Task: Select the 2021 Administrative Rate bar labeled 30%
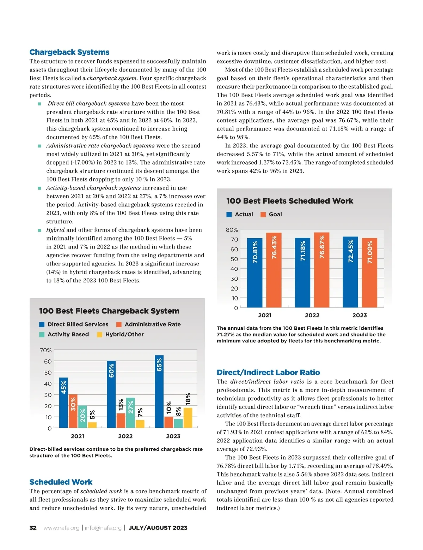(x=73, y=411)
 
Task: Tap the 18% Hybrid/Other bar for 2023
(x=188, y=418)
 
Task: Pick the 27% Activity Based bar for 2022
(x=130, y=413)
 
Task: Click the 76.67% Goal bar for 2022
(x=321, y=270)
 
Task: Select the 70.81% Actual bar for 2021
(x=255, y=273)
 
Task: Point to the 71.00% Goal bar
(x=369, y=273)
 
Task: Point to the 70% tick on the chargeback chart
(x=46, y=350)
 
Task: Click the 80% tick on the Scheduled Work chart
(x=232, y=230)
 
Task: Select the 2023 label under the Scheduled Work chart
(x=360, y=315)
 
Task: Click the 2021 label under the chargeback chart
(x=78, y=436)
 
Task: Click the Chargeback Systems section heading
(x=69, y=52)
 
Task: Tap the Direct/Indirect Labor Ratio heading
(x=268, y=372)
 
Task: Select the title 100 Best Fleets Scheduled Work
(x=289, y=201)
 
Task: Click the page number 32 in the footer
(x=33, y=528)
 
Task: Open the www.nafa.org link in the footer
(x=61, y=528)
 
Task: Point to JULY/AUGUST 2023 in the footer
(x=158, y=528)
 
